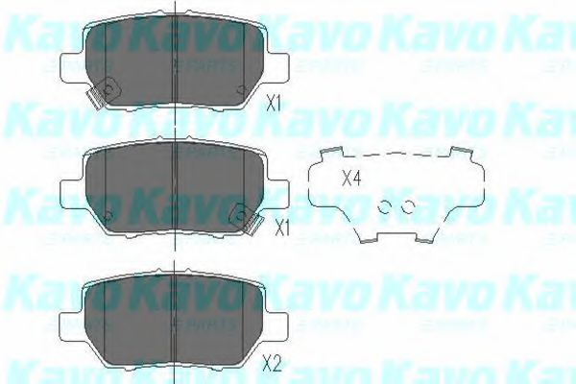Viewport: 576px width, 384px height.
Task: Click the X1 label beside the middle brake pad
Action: [281, 228]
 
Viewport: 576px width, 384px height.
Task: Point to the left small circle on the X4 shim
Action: [386, 205]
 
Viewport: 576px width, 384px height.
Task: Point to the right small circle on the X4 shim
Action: [408, 205]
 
